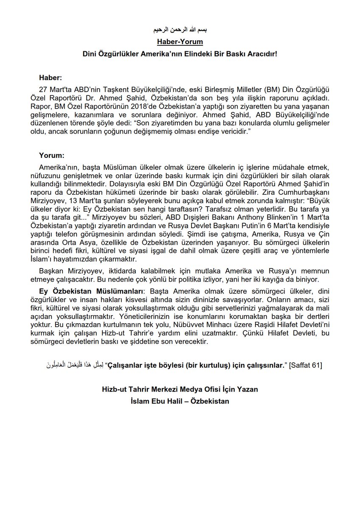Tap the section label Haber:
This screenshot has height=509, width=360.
51,78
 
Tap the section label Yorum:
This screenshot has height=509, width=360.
51,156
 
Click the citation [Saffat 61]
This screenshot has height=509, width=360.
306,366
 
